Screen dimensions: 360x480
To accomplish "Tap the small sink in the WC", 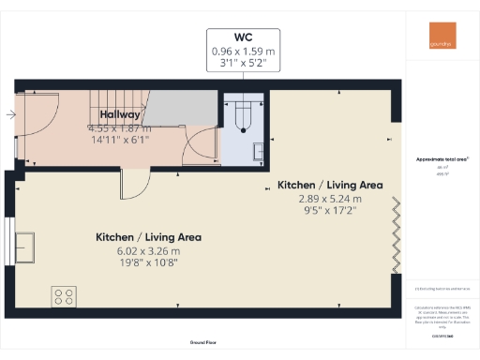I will (258, 147).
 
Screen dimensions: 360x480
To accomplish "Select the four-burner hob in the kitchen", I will (65, 297).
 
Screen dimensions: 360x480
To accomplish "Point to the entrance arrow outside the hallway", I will (8, 115).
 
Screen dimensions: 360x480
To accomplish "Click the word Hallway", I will (121, 114).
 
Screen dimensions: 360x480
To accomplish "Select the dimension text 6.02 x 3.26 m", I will (148, 250).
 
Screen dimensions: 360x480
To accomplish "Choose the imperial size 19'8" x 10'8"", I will (148, 263).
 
